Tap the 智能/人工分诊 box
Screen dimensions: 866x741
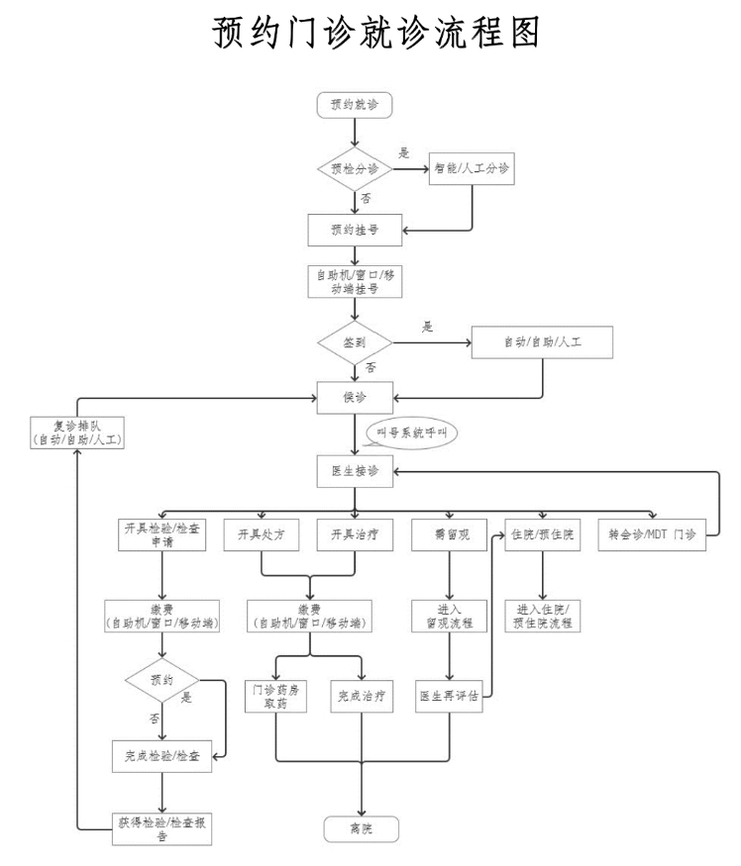click(x=472, y=169)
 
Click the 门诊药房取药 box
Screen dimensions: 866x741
click(x=274, y=695)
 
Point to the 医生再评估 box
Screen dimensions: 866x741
click(x=450, y=695)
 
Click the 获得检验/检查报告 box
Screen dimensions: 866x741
click(x=161, y=826)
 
